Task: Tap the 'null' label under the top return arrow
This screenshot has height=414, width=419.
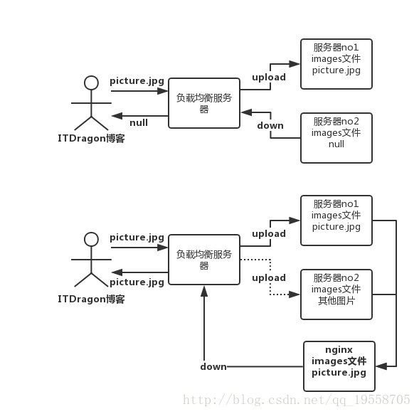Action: click(139, 123)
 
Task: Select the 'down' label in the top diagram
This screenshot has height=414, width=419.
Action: click(270, 126)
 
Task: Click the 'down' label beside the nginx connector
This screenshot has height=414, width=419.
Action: click(213, 366)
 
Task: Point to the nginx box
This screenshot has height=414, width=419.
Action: click(339, 366)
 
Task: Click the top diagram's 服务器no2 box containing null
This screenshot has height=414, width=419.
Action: click(336, 138)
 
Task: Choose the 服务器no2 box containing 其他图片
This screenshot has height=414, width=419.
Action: click(336, 294)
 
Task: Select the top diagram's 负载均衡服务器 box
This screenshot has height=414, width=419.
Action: click(204, 103)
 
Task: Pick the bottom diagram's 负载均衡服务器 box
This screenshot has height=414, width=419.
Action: click(204, 260)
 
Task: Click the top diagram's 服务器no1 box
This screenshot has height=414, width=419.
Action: click(336, 64)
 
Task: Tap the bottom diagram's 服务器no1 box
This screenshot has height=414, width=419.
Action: click(336, 221)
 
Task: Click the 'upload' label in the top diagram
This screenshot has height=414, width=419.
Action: click(269, 78)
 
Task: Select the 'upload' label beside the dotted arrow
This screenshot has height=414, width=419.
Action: click(269, 278)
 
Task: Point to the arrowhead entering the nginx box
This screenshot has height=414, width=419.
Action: click(381, 366)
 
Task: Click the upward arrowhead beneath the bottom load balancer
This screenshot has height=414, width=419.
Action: click(204, 291)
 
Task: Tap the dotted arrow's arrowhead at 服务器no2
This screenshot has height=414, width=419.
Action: click(295, 294)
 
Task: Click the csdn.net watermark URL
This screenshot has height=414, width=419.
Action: click(297, 400)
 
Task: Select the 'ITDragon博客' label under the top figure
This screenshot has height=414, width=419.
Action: click(91, 139)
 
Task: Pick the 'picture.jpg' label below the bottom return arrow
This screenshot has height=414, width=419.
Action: click(137, 282)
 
